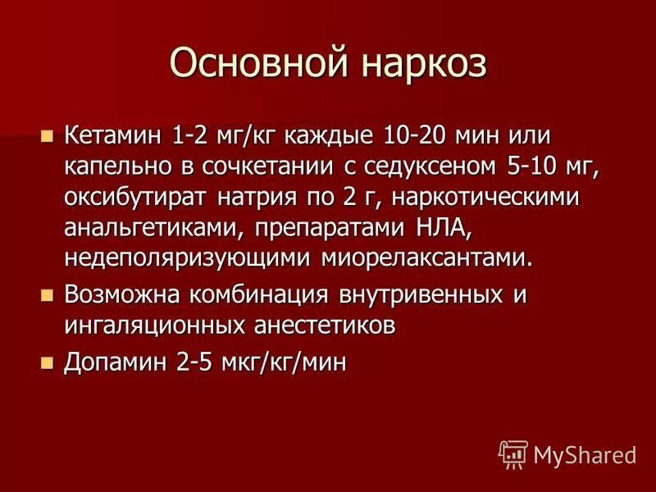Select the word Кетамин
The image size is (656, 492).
[116, 134]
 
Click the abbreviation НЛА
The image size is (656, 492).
[458, 228]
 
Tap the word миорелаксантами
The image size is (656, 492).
[426, 259]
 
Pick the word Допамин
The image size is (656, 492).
[114, 361]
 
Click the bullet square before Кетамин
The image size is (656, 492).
[47, 134]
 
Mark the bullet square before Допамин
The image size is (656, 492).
[47, 361]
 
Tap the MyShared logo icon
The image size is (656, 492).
[512, 453]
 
